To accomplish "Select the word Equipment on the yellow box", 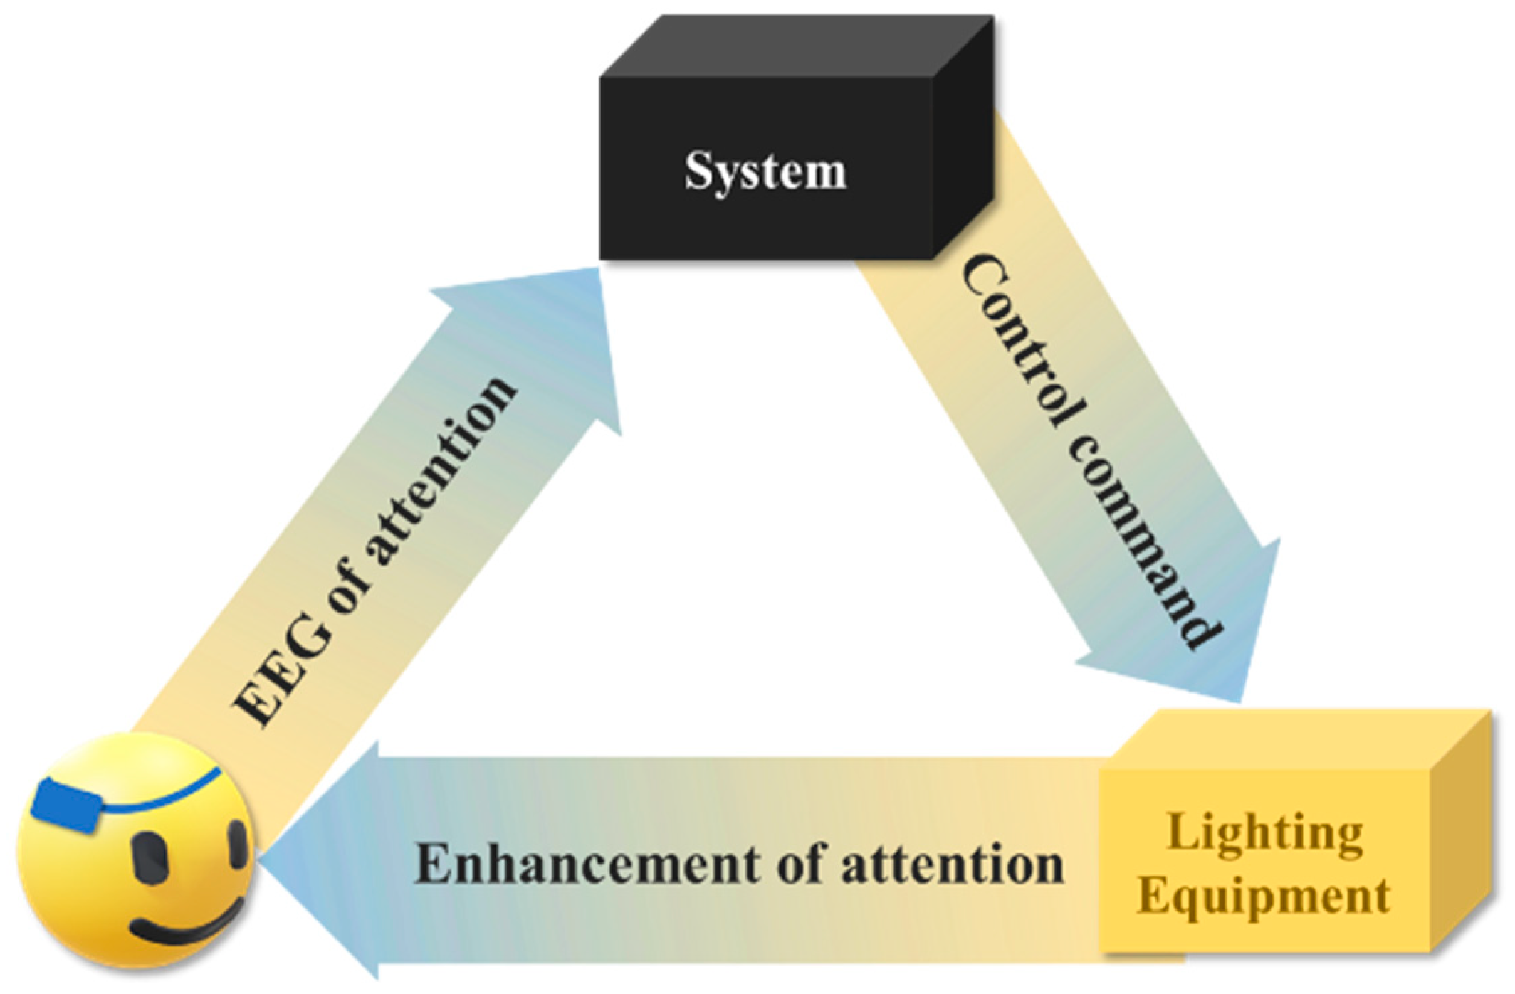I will coord(1263,897).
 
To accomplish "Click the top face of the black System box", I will coord(797,47).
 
